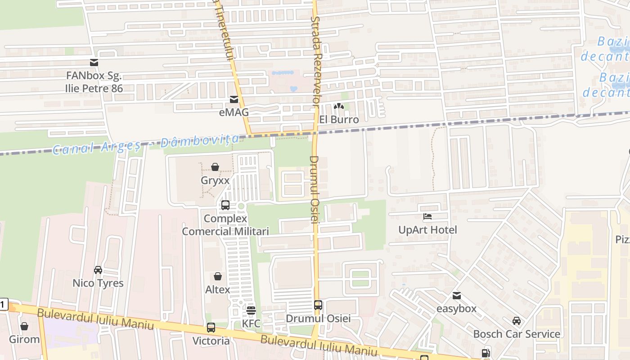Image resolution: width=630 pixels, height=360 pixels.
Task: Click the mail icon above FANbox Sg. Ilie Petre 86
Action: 94,63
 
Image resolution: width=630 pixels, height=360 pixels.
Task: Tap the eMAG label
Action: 234,112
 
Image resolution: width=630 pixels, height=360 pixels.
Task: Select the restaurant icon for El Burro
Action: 338,106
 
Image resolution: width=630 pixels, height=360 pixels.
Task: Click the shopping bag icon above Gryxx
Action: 215,167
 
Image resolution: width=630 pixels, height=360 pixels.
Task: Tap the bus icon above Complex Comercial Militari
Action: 225,205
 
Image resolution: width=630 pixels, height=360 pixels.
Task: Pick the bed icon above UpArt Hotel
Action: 427,217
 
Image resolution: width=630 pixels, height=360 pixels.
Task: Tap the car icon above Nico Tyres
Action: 98,270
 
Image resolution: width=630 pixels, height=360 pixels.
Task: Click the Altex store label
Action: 218,290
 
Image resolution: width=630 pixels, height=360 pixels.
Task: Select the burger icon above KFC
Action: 251,310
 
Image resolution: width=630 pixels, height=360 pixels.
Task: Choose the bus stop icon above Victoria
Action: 211,328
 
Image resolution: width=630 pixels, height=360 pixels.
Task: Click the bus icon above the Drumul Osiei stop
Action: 318,305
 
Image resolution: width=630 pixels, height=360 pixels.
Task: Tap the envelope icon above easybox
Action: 457,296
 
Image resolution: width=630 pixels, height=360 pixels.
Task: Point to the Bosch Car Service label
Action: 517,334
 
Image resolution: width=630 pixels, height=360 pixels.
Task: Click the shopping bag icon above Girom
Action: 24,326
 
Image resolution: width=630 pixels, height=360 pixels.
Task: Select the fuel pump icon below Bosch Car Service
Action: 486,353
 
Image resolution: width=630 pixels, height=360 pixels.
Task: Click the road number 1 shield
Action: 4,305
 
